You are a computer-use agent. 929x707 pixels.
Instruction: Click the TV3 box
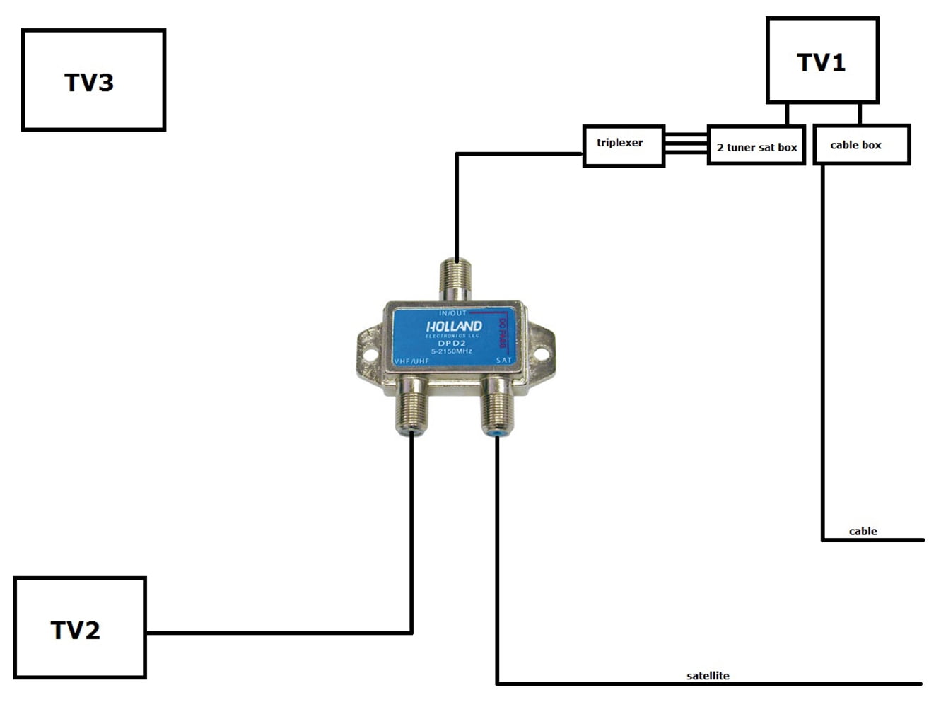point(93,80)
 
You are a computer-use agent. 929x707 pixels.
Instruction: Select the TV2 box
point(80,628)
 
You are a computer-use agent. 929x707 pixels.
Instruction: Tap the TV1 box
point(822,61)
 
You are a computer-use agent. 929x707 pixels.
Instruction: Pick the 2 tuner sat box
point(756,146)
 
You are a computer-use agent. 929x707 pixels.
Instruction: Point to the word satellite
point(707,676)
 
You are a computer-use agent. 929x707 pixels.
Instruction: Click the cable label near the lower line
point(863,531)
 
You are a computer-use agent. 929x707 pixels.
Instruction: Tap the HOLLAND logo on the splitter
point(454,327)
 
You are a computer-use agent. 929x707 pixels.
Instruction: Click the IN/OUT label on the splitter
point(452,313)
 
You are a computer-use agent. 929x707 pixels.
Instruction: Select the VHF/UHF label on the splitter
point(411,361)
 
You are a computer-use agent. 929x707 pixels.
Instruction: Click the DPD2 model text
point(451,344)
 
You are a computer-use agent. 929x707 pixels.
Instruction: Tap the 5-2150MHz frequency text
point(451,351)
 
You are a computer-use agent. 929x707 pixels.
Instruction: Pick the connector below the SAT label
point(498,409)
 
